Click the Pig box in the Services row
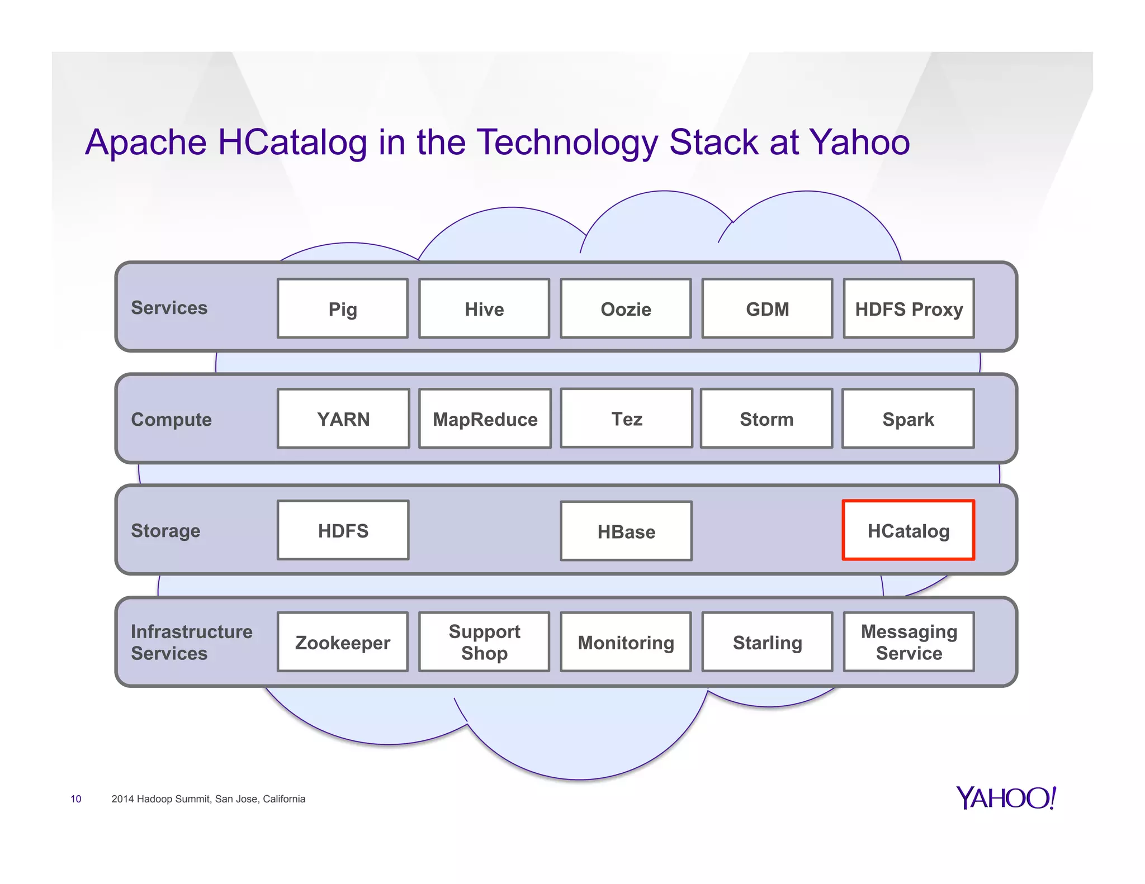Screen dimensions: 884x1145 click(x=343, y=308)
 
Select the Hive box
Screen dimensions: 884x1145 click(x=484, y=308)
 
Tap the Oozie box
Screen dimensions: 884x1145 click(x=626, y=308)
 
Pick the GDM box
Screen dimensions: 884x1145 click(x=767, y=308)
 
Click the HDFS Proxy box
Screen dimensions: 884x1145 click(x=909, y=308)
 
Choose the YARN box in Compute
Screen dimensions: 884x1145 click(x=343, y=419)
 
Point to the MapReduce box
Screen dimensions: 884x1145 click(x=485, y=419)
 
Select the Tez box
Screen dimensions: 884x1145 click(x=626, y=418)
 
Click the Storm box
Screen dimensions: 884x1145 click(x=767, y=419)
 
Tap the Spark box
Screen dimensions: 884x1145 click(x=908, y=419)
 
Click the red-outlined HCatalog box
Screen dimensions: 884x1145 click(x=909, y=530)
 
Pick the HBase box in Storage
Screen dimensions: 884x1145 click(x=626, y=531)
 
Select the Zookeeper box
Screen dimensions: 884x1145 click(x=343, y=642)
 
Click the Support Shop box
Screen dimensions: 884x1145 click(x=484, y=642)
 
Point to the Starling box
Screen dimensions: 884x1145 click(x=767, y=642)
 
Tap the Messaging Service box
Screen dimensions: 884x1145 click(x=909, y=642)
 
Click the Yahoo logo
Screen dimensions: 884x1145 click(x=1006, y=797)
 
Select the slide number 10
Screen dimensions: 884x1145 click(x=76, y=799)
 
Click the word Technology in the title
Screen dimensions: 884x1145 click(x=567, y=142)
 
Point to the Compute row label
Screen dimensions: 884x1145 click(x=171, y=419)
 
